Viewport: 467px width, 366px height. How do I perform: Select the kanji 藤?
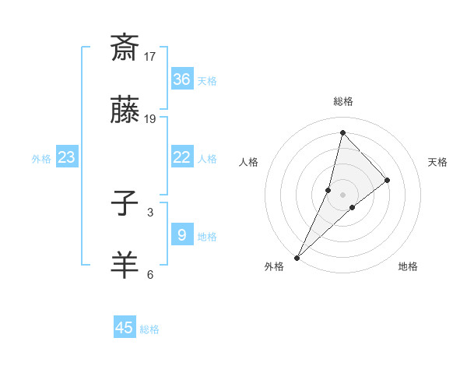coord(125,110)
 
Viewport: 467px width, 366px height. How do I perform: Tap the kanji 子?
coord(125,205)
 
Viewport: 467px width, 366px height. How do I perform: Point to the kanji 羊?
coord(125,265)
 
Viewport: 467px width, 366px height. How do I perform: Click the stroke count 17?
coord(150,57)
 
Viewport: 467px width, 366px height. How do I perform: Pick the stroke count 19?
coord(150,118)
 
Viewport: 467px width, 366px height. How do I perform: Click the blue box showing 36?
coord(181,79)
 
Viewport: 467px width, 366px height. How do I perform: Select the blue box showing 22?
coord(181,157)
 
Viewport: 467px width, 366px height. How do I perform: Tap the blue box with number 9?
coord(181,234)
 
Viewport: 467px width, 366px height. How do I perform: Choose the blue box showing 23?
coord(67,157)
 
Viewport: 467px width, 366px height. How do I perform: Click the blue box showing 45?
coord(125,328)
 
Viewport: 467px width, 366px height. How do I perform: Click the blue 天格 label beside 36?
coord(207,80)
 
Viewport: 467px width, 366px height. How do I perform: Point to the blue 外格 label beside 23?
coord(41,158)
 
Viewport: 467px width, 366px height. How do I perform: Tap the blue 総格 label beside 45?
coord(149,329)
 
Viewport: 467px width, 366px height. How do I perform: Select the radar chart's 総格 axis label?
coord(343,101)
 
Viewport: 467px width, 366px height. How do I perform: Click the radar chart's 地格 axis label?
coord(408,266)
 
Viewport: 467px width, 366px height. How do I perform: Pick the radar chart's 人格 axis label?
coord(249,162)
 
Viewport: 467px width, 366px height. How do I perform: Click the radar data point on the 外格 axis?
coord(297,257)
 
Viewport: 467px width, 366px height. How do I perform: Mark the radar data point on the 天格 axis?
coord(387,180)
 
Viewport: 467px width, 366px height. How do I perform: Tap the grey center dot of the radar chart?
coord(342,194)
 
